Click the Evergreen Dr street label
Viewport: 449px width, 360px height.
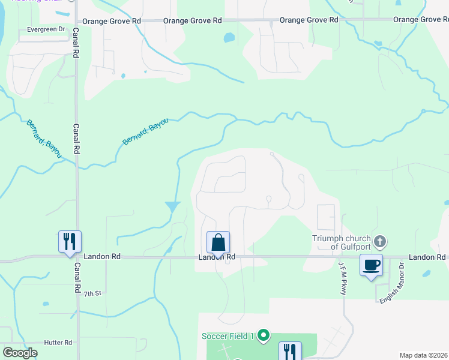coord(46,29)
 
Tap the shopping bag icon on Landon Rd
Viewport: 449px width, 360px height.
coord(218,243)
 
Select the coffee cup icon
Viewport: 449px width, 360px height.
coord(371,265)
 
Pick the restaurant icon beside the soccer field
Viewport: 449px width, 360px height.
coord(290,351)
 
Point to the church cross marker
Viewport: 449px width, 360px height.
coord(379,242)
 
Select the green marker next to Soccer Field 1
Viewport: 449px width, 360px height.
coord(263,335)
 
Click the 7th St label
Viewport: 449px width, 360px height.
coord(93,293)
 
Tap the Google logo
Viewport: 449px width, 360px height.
coord(20,353)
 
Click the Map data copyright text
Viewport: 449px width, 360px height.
coord(423,355)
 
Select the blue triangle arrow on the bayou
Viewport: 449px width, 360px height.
coord(173,206)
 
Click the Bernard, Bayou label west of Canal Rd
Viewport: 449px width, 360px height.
coord(43,139)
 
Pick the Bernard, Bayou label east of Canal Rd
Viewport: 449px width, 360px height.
coord(145,131)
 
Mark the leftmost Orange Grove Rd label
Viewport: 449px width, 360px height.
coord(112,20)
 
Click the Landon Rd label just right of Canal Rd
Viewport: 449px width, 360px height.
coord(102,256)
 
